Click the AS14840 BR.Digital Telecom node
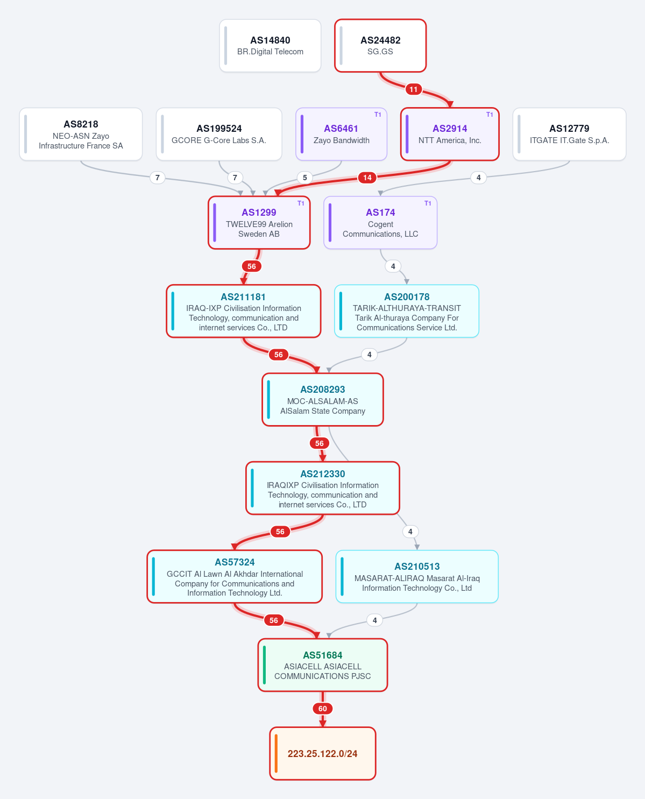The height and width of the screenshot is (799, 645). [270, 45]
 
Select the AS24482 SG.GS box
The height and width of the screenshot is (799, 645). [380, 45]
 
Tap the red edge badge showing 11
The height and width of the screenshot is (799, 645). [413, 89]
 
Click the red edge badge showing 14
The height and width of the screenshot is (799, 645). [367, 178]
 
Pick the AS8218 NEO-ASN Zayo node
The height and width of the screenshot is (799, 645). [81, 135]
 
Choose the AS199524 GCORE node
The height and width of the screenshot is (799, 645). [219, 135]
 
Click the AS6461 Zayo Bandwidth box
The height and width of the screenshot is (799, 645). [341, 135]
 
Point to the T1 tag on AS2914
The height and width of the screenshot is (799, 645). [490, 115]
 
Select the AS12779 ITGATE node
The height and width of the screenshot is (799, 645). [569, 135]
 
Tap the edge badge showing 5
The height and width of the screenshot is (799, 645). [305, 178]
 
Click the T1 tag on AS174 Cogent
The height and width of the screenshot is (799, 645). [428, 203]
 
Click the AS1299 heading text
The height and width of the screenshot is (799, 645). [259, 213]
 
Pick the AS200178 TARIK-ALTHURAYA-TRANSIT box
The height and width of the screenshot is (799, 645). [407, 311]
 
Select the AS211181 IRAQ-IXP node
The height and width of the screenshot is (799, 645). [244, 311]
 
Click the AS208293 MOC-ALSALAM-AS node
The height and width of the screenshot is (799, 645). [323, 399]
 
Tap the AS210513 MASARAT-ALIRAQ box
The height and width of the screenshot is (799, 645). [417, 577]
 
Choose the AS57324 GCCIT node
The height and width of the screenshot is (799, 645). [235, 577]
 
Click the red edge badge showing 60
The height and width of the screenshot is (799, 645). [323, 709]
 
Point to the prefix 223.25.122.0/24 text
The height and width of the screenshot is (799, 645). [323, 754]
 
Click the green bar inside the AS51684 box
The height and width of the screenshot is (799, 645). [264, 665]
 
